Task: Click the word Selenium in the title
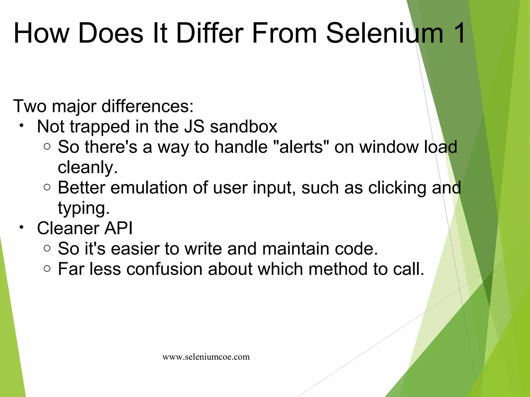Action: [x=385, y=33]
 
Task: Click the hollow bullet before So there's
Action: [x=47, y=147]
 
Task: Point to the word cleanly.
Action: [x=88, y=167]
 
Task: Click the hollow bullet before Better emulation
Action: [x=47, y=187]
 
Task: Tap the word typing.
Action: [x=84, y=208]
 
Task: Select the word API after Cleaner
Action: [x=118, y=228]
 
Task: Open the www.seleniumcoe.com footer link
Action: [x=206, y=357]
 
